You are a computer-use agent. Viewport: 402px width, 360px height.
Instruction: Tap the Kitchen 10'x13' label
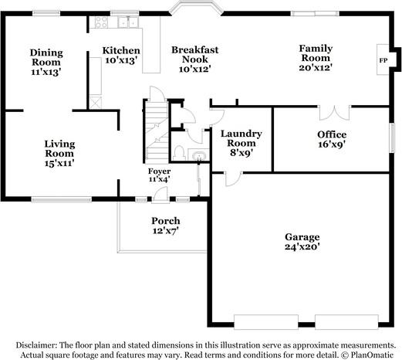(122, 56)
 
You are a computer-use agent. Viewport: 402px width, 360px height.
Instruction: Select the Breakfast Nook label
(194, 59)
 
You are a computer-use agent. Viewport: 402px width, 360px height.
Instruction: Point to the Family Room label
(316, 58)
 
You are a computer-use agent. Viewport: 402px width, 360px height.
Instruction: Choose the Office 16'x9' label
(332, 138)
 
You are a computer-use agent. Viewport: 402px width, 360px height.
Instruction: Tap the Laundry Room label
(242, 142)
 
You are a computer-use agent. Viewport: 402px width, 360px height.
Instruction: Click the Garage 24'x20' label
(302, 242)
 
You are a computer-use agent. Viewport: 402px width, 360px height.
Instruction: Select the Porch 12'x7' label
(165, 226)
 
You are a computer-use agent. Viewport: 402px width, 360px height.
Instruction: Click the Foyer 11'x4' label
(160, 175)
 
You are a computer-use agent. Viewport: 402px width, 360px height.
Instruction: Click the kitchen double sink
(125, 22)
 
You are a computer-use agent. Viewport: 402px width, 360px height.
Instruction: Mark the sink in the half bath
(199, 156)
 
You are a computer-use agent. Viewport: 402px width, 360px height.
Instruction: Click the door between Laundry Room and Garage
(229, 179)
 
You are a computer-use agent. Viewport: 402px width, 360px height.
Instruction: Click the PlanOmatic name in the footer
(376, 355)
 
